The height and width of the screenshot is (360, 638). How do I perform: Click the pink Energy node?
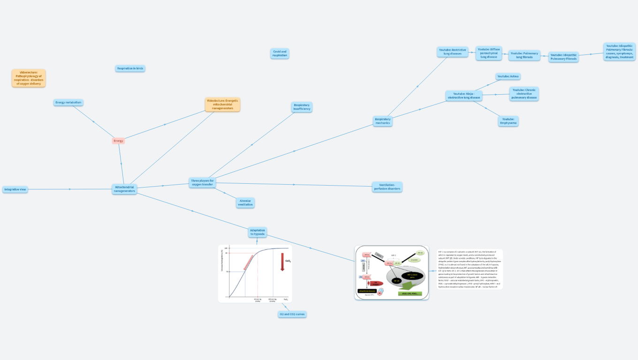pos(118,141)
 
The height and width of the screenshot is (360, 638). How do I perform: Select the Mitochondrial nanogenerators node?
pos(125,189)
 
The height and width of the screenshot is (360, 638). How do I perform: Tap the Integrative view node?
pos(15,189)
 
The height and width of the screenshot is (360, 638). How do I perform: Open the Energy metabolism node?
pos(68,103)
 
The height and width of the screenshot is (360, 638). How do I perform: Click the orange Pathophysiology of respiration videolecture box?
pos(29,78)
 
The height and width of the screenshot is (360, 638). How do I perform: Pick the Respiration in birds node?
pos(130,68)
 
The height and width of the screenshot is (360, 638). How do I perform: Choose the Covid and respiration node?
pos(280,53)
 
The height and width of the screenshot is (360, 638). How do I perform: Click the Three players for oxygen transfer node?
pos(202,182)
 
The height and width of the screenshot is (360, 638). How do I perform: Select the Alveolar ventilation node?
pos(245,202)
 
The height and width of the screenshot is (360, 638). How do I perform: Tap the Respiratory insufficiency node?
pos(302,107)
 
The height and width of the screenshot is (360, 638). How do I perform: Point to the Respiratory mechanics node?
pos(382,121)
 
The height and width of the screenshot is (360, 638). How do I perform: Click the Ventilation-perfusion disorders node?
pos(387,187)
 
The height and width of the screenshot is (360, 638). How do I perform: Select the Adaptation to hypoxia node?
pos(257,232)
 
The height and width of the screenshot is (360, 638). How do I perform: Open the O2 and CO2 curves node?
pos(292,314)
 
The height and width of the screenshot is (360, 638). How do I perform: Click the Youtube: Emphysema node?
pos(508,121)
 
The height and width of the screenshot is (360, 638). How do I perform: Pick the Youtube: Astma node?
pos(508,76)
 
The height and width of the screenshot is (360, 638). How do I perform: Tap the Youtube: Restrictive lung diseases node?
pos(452,52)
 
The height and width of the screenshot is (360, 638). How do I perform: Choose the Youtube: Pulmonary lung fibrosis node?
pos(524,55)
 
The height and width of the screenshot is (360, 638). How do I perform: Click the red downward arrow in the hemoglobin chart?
pos(282,262)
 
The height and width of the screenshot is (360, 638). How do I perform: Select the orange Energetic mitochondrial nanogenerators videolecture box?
pos(222,104)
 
